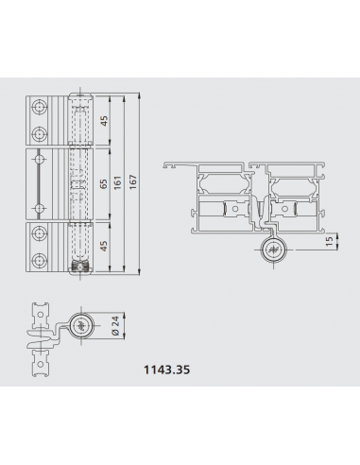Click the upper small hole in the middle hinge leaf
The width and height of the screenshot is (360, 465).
tap(39, 156)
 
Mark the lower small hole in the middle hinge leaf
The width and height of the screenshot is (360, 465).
tap(39, 207)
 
